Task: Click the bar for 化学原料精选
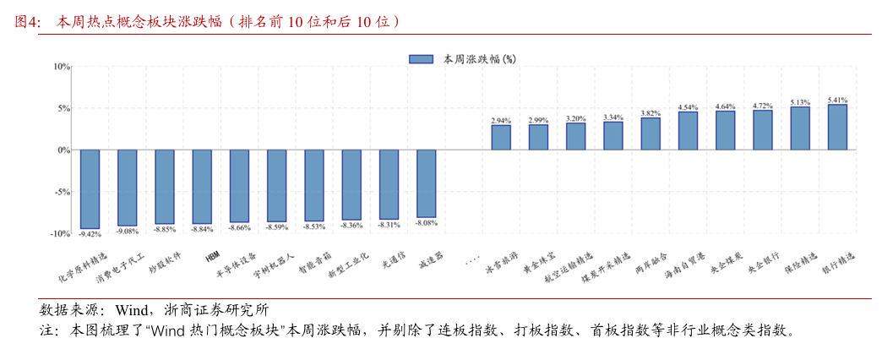point(90,188)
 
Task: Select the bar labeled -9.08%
point(127,188)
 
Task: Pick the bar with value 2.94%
point(501,138)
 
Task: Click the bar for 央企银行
point(763,130)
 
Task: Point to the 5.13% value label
point(800,102)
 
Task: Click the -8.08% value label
point(426,222)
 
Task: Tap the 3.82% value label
point(651,113)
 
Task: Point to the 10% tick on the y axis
point(62,66)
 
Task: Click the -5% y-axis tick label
point(62,192)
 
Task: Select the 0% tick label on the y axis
point(63,150)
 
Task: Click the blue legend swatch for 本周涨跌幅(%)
point(420,59)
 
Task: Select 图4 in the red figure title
point(29,21)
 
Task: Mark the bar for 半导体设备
point(239,186)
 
